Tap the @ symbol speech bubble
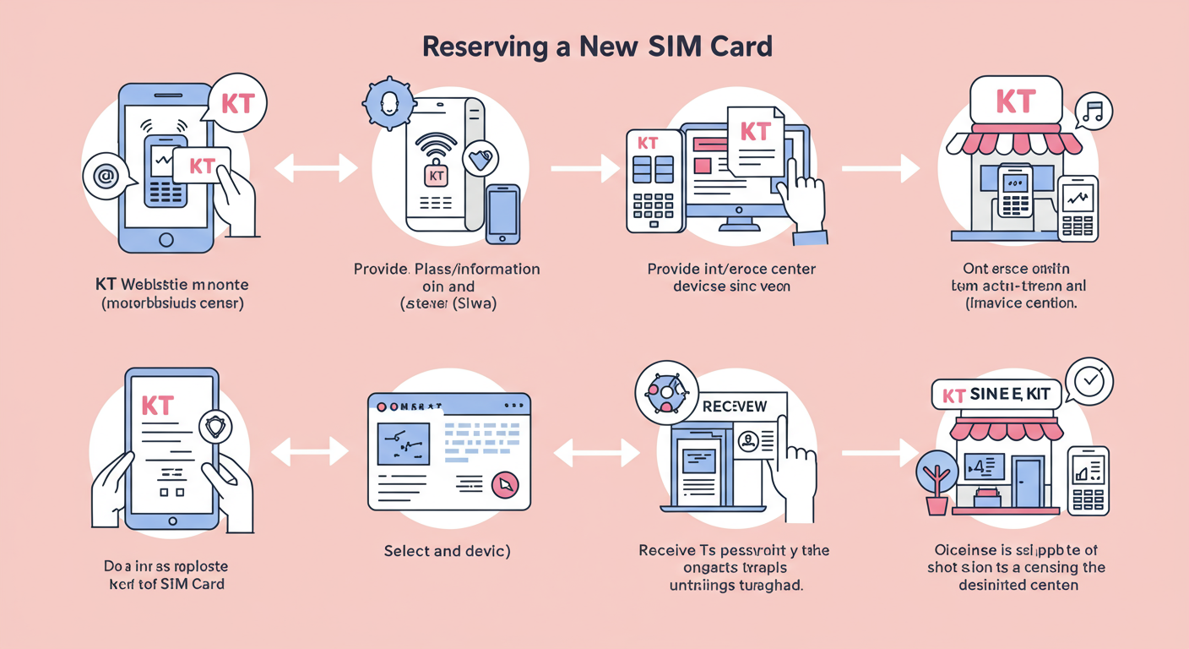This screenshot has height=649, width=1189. pyautogui.click(x=106, y=177)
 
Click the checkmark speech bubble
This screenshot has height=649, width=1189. pyautogui.click(x=1090, y=381)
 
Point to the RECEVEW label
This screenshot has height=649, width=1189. pyautogui.click(x=734, y=406)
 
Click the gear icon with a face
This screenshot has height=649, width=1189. pyautogui.click(x=388, y=104)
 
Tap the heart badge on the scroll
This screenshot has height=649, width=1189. pyautogui.click(x=480, y=159)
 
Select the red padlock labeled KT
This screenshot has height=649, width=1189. pyautogui.click(x=436, y=176)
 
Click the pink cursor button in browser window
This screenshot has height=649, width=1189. pyautogui.click(x=505, y=485)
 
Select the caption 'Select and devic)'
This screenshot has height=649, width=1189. pyautogui.click(x=447, y=551)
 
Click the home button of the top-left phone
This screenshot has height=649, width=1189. pyautogui.click(x=166, y=240)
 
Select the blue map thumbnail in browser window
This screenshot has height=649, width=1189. pyautogui.click(x=404, y=444)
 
